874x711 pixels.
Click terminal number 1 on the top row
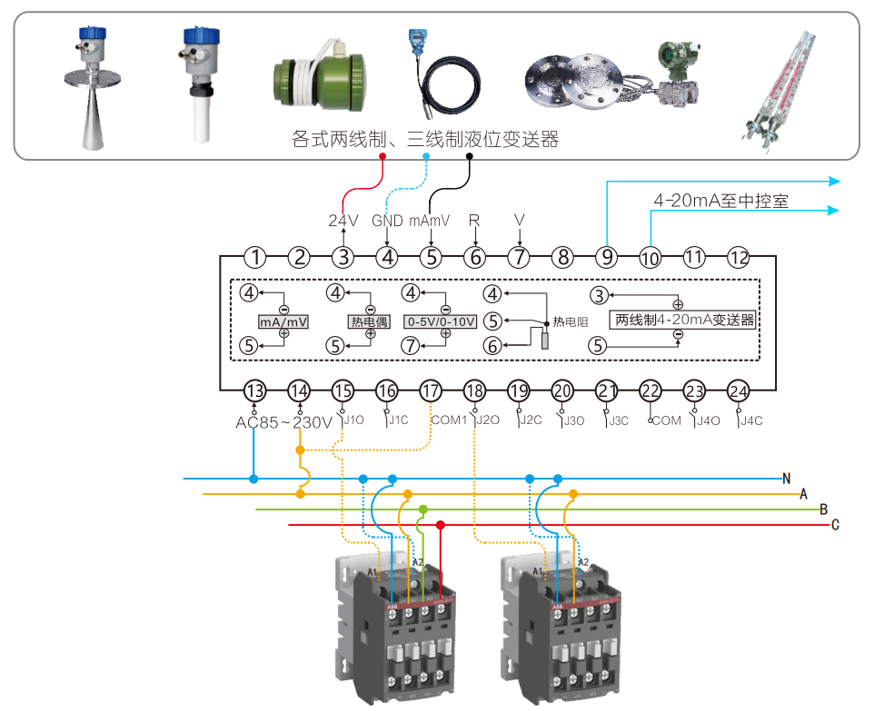(x=256, y=257)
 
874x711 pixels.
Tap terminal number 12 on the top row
(x=739, y=257)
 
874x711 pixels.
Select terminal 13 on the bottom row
(x=255, y=391)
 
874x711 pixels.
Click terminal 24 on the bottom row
(x=739, y=391)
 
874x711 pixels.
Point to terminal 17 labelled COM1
(x=431, y=391)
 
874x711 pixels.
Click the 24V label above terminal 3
(x=343, y=221)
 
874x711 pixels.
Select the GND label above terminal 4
(x=387, y=221)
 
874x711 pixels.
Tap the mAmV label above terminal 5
(x=431, y=221)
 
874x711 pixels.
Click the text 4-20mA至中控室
(x=720, y=201)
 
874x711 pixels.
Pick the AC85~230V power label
(x=284, y=422)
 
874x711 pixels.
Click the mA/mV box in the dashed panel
(x=283, y=322)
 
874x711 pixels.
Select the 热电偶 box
(x=370, y=322)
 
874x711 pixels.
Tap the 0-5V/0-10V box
(x=440, y=322)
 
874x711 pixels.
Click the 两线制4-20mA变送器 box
(x=685, y=321)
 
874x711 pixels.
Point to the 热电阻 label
(x=571, y=322)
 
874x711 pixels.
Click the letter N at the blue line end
(x=787, y=478)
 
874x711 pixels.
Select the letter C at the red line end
(x=835, y=525)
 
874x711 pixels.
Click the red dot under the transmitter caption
(x=382, y=156)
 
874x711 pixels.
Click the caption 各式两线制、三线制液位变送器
(x=424, y=139)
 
